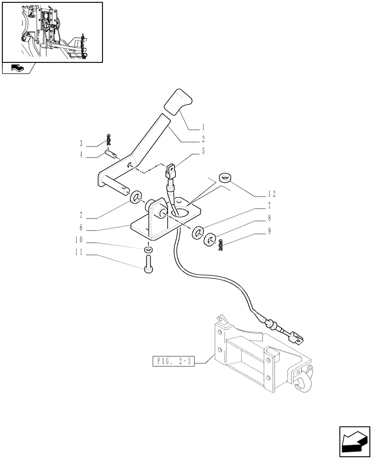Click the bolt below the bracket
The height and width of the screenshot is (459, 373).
148,265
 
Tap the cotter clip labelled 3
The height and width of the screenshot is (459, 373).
108,138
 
